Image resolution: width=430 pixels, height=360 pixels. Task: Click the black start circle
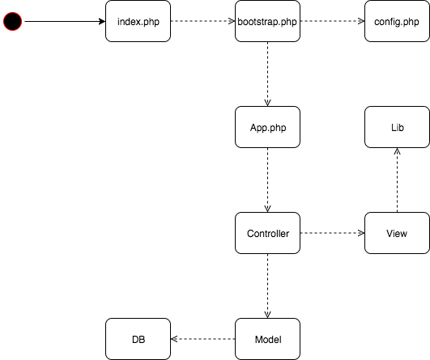pyautogui.click(x=13, y=21)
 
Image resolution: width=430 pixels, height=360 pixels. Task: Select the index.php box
pyautogui.click(x=138, y=21)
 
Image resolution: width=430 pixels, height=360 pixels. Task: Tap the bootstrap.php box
pyautogui.click(x=267, y=21)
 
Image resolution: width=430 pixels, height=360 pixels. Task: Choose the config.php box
pyautogui.click(x=397, y=21)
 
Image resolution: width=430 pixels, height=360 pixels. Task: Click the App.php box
pyautogui.click(x=267, y=127)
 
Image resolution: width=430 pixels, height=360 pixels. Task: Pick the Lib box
pyautogui.click(x=397, y=127)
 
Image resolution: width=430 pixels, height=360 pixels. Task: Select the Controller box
pyautogui.click(x=267, y=233)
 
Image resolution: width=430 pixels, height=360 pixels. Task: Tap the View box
pyautogui.click(x=397, y=233)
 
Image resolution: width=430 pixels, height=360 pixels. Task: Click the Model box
pyautogui.click(x=267, y=339)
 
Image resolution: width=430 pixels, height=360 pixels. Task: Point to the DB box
pyautogui.click(x=138, y=339)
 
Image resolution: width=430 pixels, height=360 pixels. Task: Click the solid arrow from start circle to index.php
pyautogui.click(x=65, y=21)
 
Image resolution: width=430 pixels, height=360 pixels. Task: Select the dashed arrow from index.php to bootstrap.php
pyautogui.click(x=202, y=21)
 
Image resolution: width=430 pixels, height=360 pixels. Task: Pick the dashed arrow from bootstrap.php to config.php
pyautogui.click(x=332, y=21)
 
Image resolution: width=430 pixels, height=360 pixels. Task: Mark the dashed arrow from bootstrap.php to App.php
pyautogui.click(x=267, y=74)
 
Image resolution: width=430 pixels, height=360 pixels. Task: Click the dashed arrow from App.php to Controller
pyautogui.click(x=267, y=180)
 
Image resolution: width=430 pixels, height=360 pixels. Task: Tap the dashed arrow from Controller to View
pyautogui.click(x=332, y=233)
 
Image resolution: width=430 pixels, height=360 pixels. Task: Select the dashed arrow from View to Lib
pyautogui.click(x=397, y=180)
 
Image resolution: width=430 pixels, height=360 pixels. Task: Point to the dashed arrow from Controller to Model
pyautogui.click(x=267, y=286)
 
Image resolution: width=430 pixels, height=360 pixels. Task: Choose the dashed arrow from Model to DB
pyautogui.click(x=202, y=339)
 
